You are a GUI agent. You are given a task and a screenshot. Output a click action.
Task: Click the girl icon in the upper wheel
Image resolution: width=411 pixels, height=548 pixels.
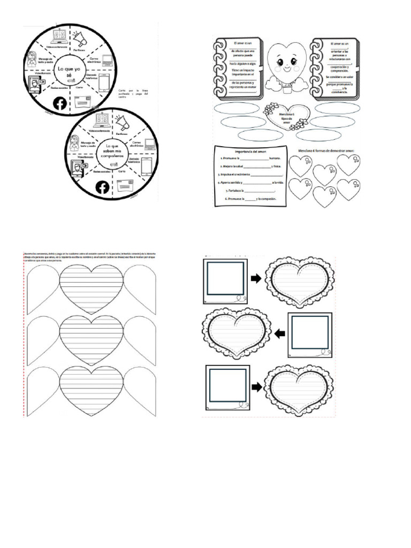point(32,59)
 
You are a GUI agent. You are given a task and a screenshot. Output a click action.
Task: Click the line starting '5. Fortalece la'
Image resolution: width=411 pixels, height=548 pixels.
point(250,190)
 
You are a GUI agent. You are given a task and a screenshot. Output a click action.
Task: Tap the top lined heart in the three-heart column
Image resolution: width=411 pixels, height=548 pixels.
point(91,289)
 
